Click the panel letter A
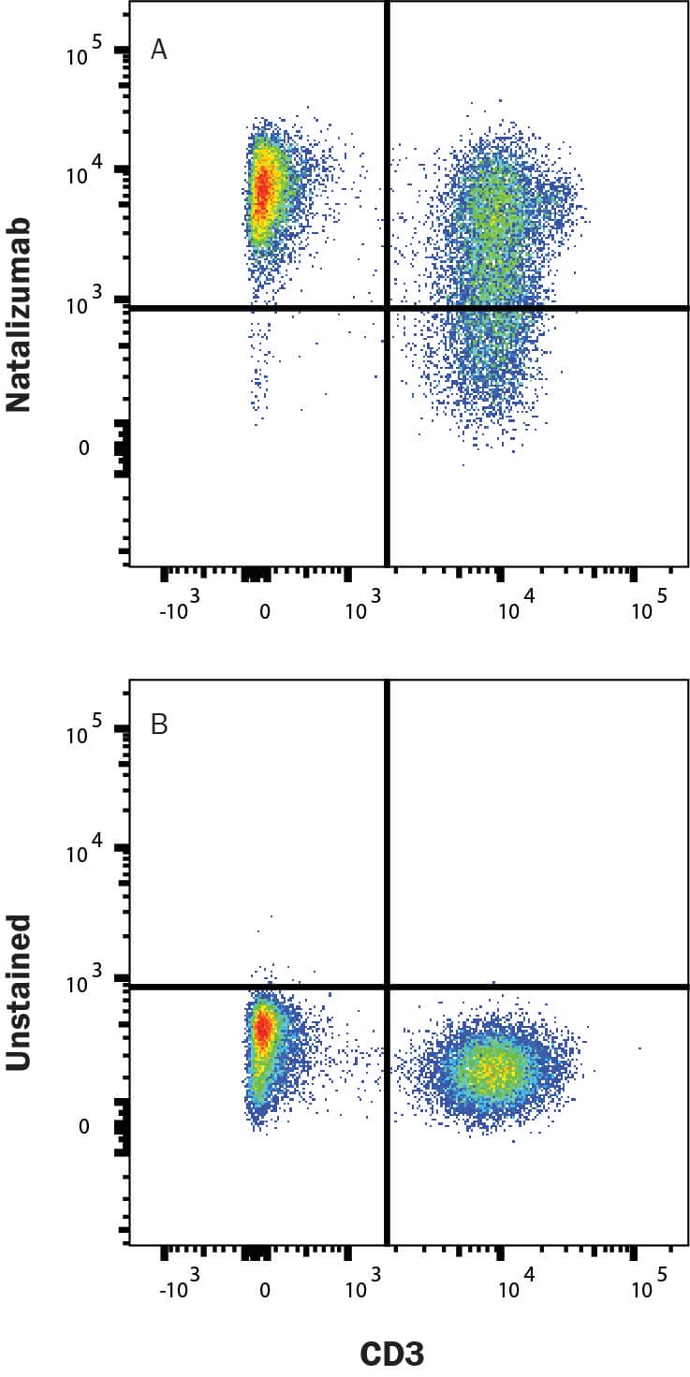tap(159, 51)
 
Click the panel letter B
tap(159, 725)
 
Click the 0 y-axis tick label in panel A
tap(83, 448)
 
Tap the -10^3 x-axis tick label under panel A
tap(182, 610)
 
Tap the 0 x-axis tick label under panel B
tap(265, 1292)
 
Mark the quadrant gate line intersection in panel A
tap(387, 308)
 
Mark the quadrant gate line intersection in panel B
tap(387, 987)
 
